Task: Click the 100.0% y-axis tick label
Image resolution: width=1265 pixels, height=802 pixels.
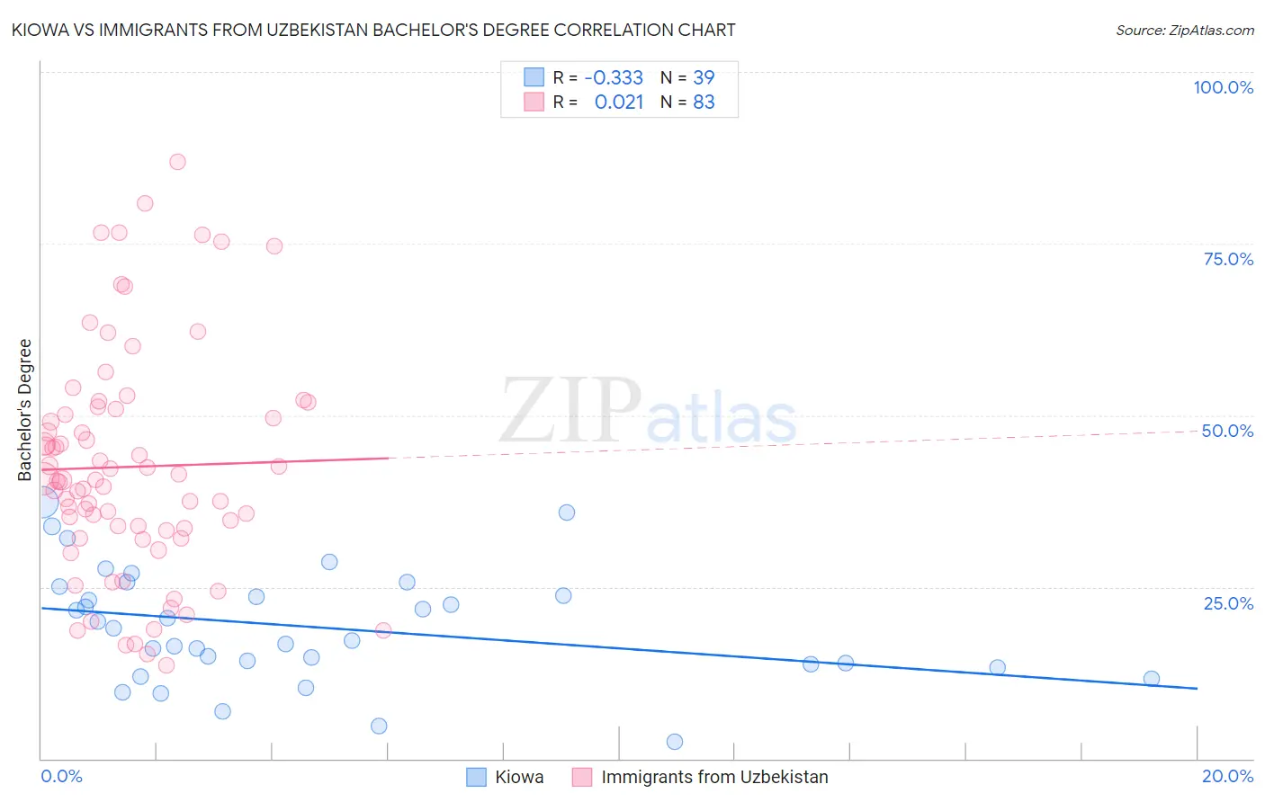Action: point(1223,87)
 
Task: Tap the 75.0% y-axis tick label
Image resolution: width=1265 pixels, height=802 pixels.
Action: point(1228,259)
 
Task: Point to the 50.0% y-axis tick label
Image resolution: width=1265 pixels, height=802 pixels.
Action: point(1227,431)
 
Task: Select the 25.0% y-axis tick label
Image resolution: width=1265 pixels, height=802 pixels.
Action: point(1228,602)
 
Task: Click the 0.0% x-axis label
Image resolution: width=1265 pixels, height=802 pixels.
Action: point(61,776)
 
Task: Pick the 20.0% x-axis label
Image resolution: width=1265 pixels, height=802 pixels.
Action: point(1227,776)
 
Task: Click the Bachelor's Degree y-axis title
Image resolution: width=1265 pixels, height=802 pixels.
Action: point(25,410)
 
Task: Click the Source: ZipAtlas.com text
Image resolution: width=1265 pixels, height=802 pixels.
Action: point(1184,30)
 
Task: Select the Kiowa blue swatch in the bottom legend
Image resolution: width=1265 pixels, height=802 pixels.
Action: point(476,777)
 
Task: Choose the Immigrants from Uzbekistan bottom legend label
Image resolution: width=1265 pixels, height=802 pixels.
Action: point(714,777)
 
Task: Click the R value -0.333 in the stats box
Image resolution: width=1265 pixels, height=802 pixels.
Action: point(614,77)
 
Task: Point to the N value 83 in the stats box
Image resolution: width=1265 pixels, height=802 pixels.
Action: point(704,102)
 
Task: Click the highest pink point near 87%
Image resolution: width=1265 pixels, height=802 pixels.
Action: point(177,162)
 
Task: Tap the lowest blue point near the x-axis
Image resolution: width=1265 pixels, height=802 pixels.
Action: point(675,742)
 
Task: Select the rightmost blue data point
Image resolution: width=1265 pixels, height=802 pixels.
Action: point(1152,679)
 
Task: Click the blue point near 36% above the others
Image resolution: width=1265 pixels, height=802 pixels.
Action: point(567,512)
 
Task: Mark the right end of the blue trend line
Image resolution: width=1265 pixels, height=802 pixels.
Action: point(1197,688)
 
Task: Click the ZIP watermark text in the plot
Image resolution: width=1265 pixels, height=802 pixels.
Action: point(570,411)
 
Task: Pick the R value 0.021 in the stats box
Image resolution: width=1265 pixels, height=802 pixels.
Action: point(619,102)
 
